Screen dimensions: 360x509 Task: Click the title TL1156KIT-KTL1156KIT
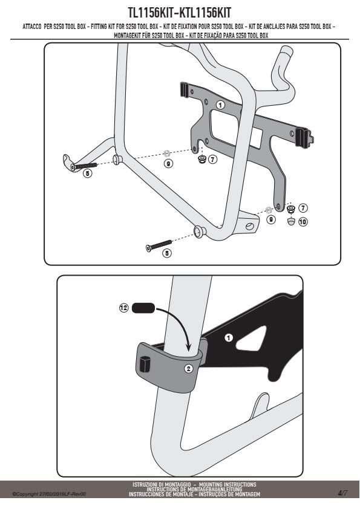(x=179, y=13)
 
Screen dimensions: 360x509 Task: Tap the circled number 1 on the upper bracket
(x=220, y=105)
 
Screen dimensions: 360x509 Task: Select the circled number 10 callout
(x=303, y=222)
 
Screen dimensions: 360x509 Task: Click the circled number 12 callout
(x=124, y=308)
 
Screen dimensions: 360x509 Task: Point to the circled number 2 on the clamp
(x=189, y=368)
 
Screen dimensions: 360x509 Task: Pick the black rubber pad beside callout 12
(x=143, y=308)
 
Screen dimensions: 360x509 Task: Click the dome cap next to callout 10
(x=291, y=222)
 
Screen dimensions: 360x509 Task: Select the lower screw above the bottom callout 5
(x=159, y=245)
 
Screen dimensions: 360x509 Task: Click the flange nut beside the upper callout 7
(x=201, y=159)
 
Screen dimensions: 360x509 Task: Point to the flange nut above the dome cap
(x=291, y=209)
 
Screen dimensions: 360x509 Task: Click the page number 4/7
(x=342, y=493)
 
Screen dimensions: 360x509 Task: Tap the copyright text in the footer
(x=49, y=494)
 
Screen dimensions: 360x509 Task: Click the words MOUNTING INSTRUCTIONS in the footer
(x=227, y=484)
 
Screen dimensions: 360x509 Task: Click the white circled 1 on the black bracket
(x=229, y=338)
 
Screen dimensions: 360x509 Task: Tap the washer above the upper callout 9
(x=167, y=152)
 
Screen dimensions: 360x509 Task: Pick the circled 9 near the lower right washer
(x=270, y=219)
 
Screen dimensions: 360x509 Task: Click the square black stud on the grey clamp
(x=145, y=364)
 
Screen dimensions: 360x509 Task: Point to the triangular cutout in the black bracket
(x=252, y=339)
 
